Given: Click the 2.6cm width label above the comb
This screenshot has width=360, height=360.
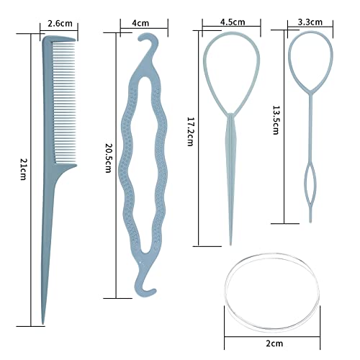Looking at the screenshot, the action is [60, 24].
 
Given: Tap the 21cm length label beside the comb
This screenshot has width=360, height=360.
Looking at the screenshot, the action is [23, 169].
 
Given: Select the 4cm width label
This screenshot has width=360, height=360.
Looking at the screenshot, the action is [140, 23].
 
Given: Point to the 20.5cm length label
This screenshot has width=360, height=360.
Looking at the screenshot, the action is [109, 158].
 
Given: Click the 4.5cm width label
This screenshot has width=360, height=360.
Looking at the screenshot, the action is [233, 22].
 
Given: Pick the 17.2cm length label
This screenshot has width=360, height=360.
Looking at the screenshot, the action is [190, 131].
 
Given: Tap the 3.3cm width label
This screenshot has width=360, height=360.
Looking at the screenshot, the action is [310, 22].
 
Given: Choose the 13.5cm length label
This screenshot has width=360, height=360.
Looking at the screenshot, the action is [276, 120].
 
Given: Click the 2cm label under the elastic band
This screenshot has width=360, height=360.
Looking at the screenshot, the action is [274, 343].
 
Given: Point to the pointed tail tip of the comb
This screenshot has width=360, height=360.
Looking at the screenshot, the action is [43, 323].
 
